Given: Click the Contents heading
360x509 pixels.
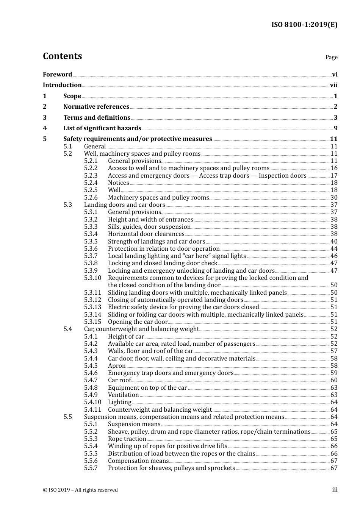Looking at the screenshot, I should [62, 56].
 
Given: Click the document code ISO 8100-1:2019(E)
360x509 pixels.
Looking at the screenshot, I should [304, 25].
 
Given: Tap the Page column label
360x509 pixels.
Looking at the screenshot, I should [331, 57].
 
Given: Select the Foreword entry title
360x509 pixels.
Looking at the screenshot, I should [57, 75].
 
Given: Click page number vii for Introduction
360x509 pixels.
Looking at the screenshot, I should [333, 85].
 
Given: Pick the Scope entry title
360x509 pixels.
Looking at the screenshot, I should [72, 96].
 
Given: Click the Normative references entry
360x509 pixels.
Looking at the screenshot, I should [96, 107].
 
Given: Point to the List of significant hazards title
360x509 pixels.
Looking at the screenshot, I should [102, 128].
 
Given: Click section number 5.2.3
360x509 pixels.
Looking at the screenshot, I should [91, 176].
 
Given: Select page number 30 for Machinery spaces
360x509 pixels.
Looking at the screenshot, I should [334, 198].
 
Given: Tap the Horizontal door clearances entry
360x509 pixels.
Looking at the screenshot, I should [146, 234].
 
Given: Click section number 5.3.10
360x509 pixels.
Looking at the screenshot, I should [92, 278].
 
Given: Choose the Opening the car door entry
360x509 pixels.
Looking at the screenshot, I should [138, 322].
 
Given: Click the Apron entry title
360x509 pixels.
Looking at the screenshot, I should [117, 366].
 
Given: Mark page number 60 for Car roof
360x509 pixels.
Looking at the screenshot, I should [334, 380].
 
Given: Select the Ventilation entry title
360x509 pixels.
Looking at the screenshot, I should [123, 395].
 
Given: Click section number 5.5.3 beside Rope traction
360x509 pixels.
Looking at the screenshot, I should [91, 439].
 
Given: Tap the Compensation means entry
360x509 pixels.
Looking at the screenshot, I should [138, 461].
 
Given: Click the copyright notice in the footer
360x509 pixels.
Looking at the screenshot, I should [80, 490].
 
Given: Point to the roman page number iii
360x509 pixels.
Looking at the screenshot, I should [335, 490].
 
